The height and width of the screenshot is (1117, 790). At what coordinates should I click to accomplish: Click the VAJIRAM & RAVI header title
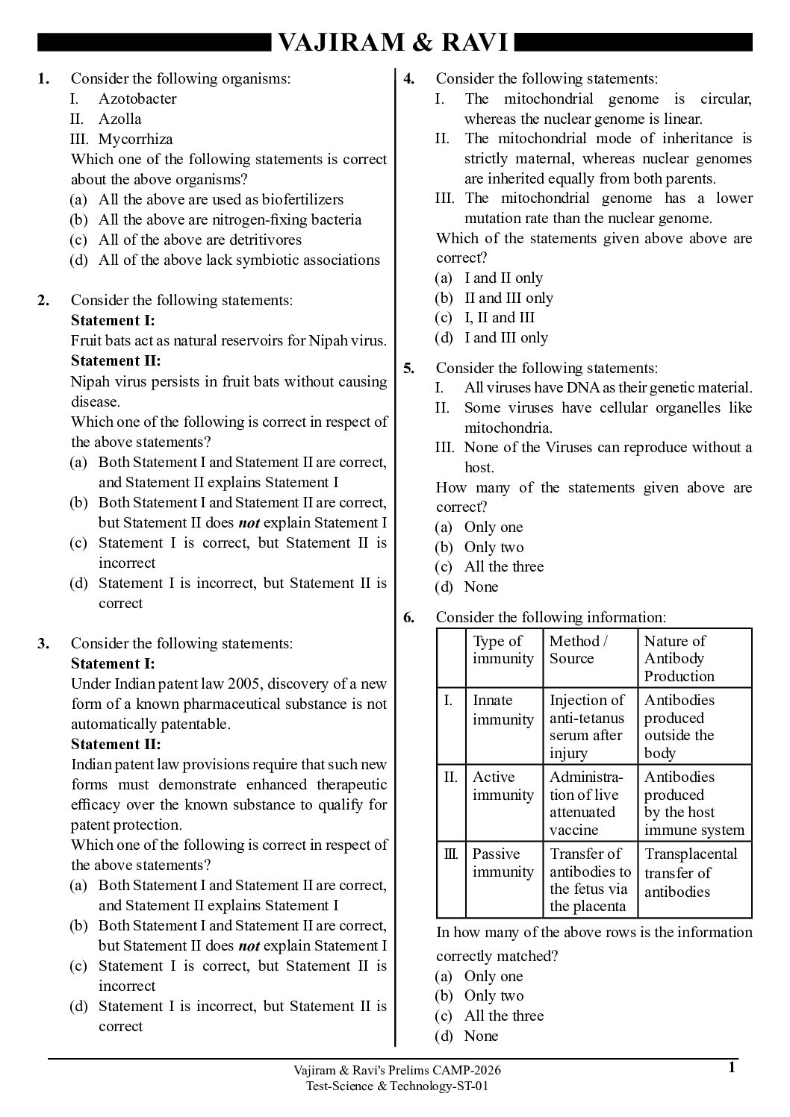[394, 43]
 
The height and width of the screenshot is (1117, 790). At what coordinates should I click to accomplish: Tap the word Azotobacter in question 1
[137, 98]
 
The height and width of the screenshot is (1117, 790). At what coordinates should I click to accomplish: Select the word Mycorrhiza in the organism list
[135, 139]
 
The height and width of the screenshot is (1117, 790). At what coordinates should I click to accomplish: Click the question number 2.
[44, 300]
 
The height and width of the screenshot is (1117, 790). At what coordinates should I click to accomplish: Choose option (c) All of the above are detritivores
[199, 240]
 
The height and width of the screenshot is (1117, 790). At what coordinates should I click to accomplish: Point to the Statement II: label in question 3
[116, 744]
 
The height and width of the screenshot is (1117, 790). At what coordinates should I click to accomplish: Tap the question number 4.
[409, 78]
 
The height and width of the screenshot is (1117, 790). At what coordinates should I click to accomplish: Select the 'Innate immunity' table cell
[503, 710]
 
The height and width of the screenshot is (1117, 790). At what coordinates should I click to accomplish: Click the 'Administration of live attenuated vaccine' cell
[586, 803]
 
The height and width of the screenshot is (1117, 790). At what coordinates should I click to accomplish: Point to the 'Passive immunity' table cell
[503, 863]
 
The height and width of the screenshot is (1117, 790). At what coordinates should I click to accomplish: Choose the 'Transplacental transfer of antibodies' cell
[690, 872]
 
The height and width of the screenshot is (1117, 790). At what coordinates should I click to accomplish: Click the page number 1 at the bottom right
[732, 1068]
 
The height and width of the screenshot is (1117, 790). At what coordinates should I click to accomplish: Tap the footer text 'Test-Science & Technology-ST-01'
[397, 1086]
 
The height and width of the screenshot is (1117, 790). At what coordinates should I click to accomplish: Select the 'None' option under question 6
[481, 1036]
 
